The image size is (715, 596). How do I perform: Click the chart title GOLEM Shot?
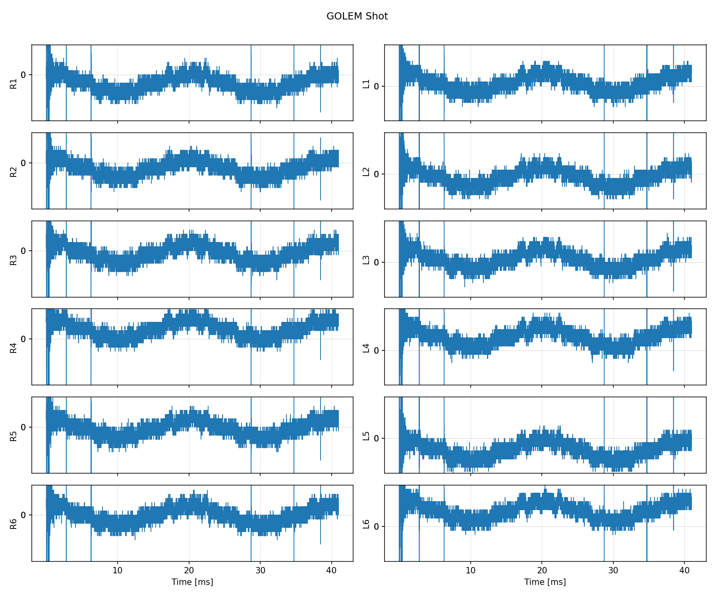[357, 16]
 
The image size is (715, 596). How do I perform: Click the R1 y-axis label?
[14, 84]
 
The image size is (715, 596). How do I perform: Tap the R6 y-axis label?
[14, 524]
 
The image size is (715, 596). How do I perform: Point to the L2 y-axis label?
[366, 172]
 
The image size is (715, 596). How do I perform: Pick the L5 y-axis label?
[366, 436]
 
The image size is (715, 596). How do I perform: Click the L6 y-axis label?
[366, 524]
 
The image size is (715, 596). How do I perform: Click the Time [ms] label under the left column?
[192, 582]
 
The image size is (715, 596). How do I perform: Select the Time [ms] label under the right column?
[545, 582]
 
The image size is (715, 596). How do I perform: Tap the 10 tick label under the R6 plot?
[118, 571]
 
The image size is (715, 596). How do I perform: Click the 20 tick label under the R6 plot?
[189, 571]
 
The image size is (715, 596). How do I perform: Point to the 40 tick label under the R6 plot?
[332, 571]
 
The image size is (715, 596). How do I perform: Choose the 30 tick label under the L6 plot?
[613, 571]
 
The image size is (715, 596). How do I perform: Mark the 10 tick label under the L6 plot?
[470, 571]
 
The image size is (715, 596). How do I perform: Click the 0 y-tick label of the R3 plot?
[23, 251]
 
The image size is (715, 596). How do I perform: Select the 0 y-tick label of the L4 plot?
[376, 350]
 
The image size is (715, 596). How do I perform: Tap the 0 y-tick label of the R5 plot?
[23, 427]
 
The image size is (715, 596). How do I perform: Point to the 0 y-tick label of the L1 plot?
[376, 86]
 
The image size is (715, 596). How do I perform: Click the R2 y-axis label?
[14, 172]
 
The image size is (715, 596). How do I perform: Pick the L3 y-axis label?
[366, 260]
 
